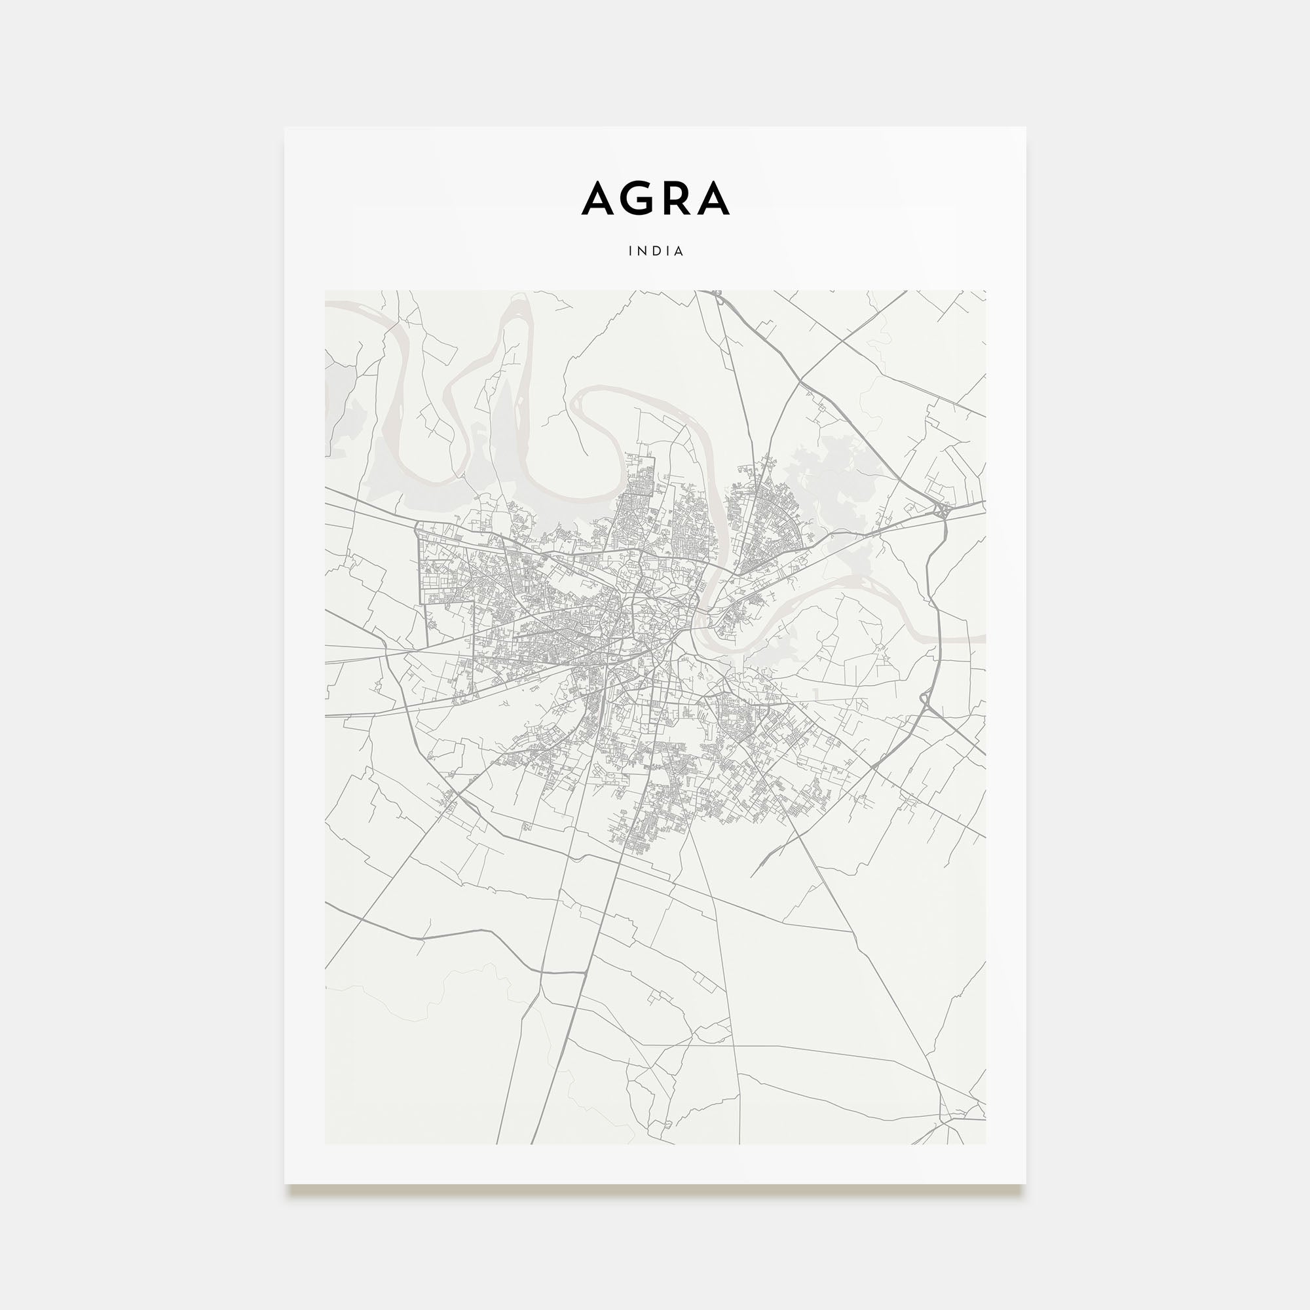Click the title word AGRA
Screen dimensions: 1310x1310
click(x=655, y=198)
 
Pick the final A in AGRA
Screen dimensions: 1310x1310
click(x=715, y=198)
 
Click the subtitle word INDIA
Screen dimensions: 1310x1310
click(x=656, y=251)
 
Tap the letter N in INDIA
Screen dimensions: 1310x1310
click(x=641, y=251)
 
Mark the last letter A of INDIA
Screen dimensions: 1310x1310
click(x=679, y=251)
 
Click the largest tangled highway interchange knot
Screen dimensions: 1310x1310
click(x=943, y=510)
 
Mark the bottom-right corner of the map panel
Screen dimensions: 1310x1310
click(x=985, y=1144)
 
